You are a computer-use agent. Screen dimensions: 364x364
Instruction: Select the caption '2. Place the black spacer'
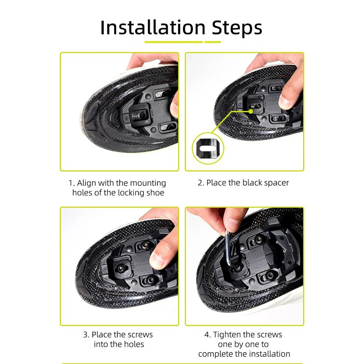click(243, 183)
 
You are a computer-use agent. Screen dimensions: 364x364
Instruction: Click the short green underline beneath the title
click(213, 42)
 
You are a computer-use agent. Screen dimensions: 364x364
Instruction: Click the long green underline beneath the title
click(173, 42)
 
